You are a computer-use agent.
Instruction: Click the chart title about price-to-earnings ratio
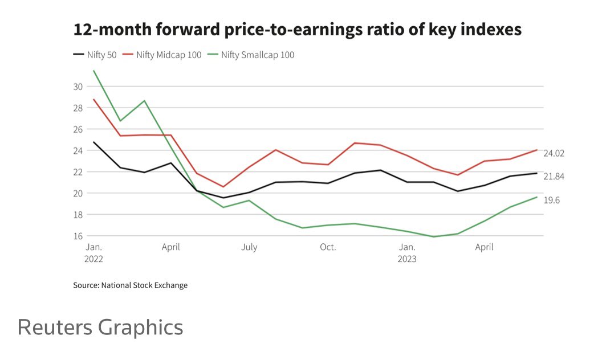click(297, 30)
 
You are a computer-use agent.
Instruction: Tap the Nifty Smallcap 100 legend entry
click(251, 55)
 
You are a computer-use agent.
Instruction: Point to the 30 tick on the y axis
click(78, 87)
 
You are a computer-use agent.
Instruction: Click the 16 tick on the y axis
click(78, 236)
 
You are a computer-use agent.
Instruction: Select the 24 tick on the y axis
click(78, 150)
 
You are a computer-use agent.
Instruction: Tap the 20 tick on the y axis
click(78, 193)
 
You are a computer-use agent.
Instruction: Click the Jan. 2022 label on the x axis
click(94, 252)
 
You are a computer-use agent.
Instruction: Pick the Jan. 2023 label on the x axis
click(406, 252)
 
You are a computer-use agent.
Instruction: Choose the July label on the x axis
click(249, 247)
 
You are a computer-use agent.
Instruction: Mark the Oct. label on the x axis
click(328, 247)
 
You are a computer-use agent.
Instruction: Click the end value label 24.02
click(554, 153)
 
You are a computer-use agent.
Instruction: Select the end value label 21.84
click(554, 177)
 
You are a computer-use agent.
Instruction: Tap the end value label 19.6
click(551, 200)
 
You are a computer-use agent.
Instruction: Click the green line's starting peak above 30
click(93, 71)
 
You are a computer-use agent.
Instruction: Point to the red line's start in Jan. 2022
click(93, 100)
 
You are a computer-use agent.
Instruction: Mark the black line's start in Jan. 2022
click(93, 142)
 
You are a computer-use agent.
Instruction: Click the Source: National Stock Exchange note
click(130, 285)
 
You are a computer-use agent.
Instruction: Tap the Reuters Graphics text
click(100, 327)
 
